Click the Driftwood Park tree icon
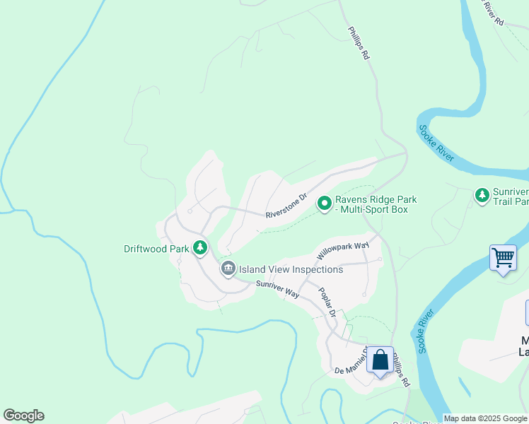(x=201, y=247)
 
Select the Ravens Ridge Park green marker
(x=325, y=204)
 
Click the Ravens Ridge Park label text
(x=376, y=204)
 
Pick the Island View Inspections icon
(x=228, y=268)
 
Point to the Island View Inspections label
(x=291, y=269)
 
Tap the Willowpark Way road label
(x=343, y=249)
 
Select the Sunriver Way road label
(x=277, y=289)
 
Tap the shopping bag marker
(x=380, y=360)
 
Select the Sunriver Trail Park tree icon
(x=482, y=194)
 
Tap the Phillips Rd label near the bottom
(x=400, y=370)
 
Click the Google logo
(x=23, y=416)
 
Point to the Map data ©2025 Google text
(x=485, y=418)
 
